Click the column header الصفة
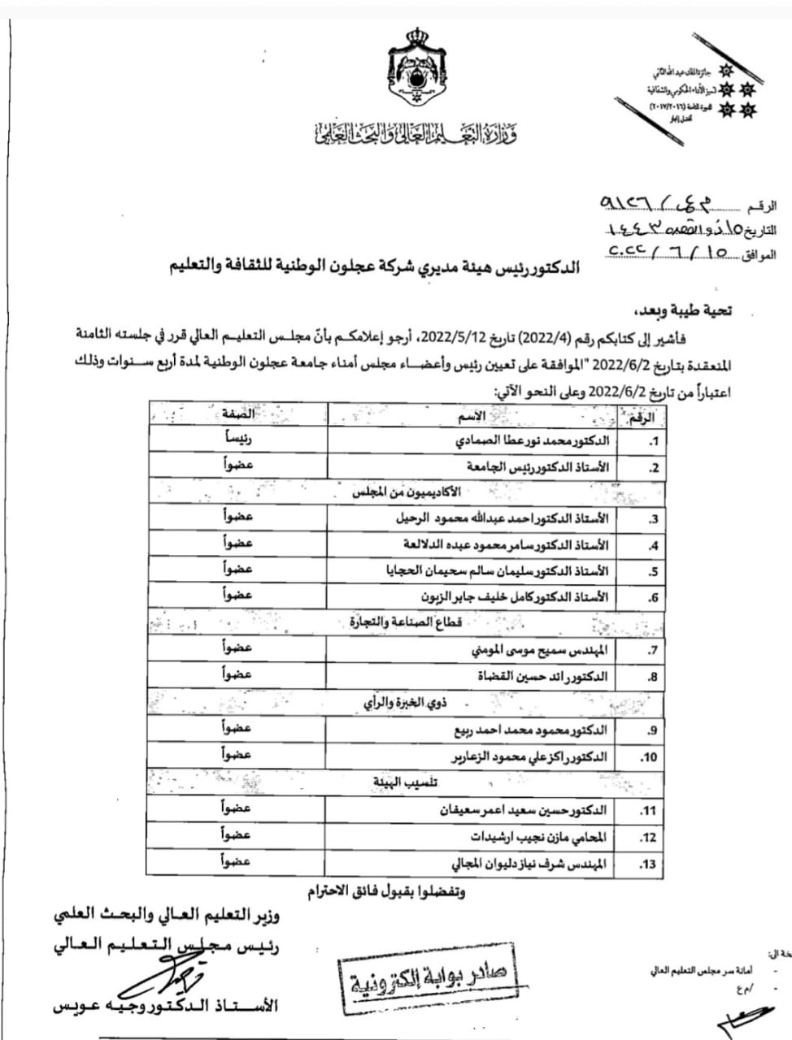pyautogui.click(x=237, y=414)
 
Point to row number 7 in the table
pyautogui.click(x=652, y=651)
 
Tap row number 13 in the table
pyautogui.click(x=648, y=864)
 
